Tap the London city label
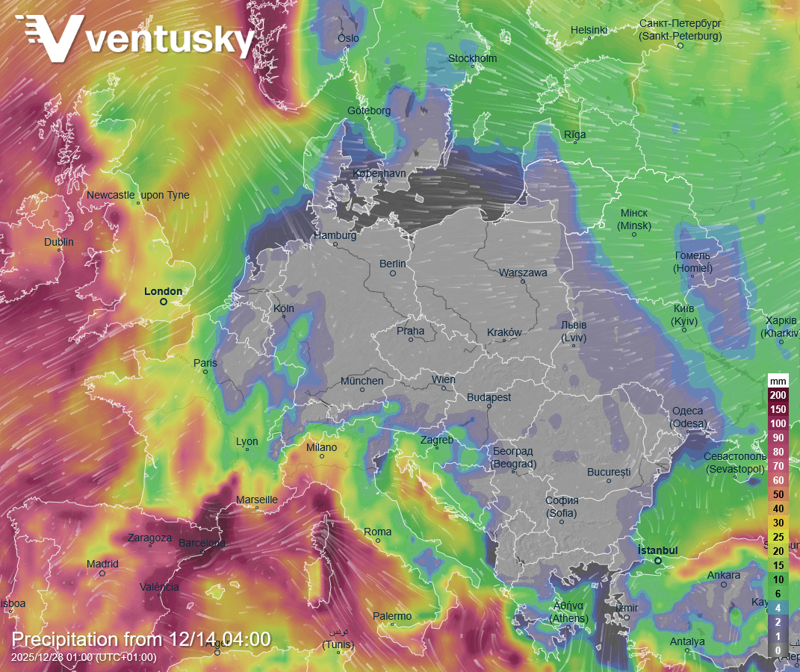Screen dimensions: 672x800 click(x=163, y=291)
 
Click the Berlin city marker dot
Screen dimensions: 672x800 click(x=392, y=273)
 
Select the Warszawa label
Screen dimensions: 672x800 click(x=523, y=273)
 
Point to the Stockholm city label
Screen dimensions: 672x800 click(x=472, y=58)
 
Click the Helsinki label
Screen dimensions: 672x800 click(x=589, y=30)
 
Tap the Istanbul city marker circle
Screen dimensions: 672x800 click(x=658, y=561)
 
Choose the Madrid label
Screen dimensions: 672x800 click(x=102, y=564)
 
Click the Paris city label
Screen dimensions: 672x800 click(x=205, y=363)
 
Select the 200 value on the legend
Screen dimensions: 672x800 click(x=778, y=395)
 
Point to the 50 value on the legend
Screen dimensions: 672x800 click(x=778, y=494)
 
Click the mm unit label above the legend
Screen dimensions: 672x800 click(x=778, y=381)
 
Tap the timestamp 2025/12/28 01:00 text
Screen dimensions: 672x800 click(x=84, y=657)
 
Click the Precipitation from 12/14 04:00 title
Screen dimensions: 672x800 click(x=141, y=639)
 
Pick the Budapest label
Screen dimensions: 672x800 click(x=489, y=397)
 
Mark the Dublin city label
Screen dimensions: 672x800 click(x=59, y=242)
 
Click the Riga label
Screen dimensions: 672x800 click(x=575, y=134)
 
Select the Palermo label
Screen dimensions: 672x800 click(x=392, y=616)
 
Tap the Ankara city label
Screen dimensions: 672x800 click(x=724, y=575)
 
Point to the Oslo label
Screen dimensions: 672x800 click(x=348, y=38)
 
